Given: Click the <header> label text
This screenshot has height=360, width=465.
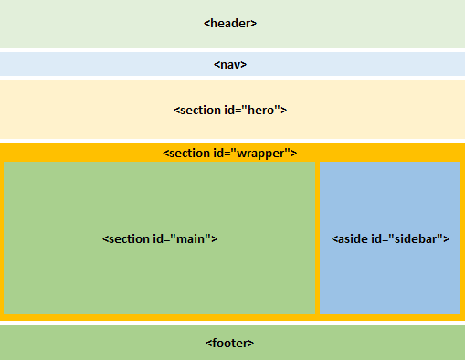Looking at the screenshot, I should tap(230, 24).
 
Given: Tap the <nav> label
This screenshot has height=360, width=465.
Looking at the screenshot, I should tap(230, 65).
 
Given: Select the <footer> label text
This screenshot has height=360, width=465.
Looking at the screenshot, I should tap(230, 343).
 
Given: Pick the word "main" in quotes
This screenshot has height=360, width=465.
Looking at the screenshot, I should tap(196, 238).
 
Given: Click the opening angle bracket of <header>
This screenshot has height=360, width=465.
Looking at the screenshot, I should tap(206, 24).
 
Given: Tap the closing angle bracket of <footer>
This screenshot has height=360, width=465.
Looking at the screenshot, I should tap(251, 343).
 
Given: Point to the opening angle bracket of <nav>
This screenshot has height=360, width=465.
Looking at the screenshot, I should tap(217, 65).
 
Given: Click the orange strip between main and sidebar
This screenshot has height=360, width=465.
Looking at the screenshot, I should tap(317, 238).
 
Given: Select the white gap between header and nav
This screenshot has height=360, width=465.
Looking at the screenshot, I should tap(232, 49).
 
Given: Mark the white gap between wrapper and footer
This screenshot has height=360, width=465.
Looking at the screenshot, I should tap(232, 323).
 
